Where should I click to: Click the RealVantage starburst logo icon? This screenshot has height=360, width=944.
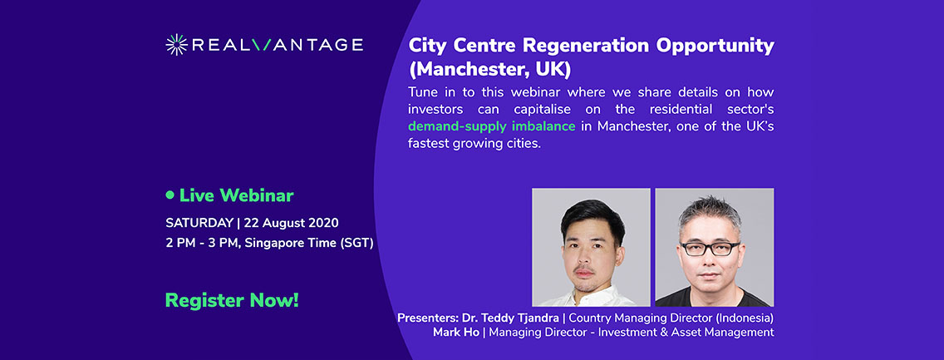tap(177, 45)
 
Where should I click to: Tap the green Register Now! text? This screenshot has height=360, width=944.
tap(232, 300)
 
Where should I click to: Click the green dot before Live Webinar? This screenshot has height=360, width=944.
tap(170, 195)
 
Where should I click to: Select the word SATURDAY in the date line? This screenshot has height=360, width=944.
tap(199, 223)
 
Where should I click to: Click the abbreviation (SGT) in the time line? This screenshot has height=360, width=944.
tap(355, 243)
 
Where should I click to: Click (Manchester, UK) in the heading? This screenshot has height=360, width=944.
tap(489, 67)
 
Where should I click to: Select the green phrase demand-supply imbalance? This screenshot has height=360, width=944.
tap(490, 126)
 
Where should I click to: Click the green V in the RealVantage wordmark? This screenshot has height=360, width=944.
tap(263, 45)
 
